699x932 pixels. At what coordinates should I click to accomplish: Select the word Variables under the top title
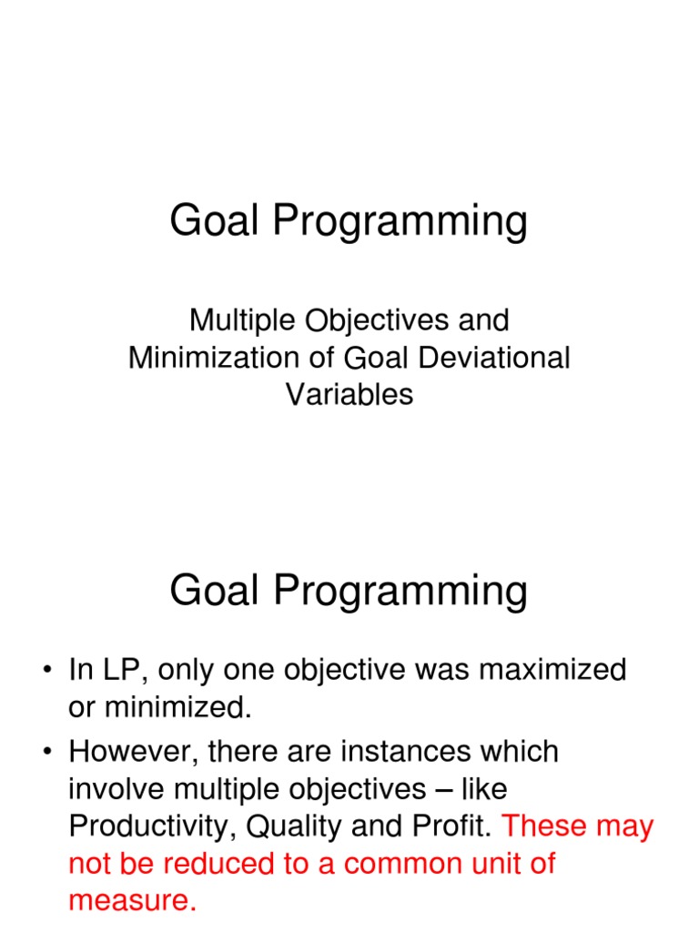click(x=349, y=394)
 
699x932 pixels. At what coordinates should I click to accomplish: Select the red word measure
click(x=132, y=901)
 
